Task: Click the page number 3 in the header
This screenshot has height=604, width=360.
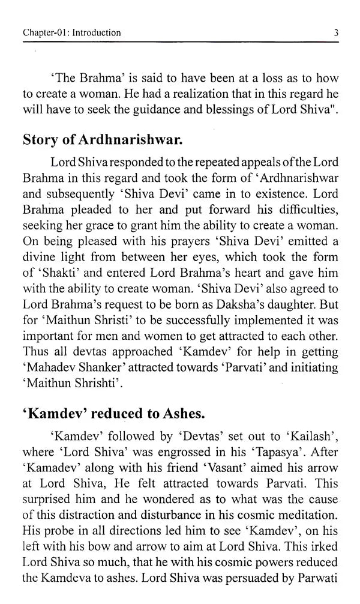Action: tap(337, 33)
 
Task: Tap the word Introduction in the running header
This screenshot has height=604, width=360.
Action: tap(96, 33)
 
